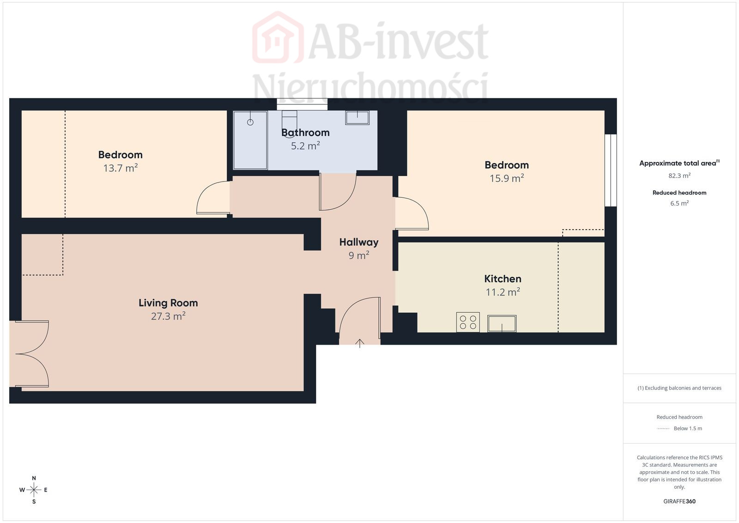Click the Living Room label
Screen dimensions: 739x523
point(168,303)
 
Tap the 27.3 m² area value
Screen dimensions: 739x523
point(168,316)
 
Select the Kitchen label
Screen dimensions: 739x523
point(503,279)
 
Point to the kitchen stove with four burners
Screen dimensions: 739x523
point(468,322)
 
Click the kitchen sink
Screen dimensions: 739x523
point(502,323)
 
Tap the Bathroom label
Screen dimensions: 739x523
point(305,133)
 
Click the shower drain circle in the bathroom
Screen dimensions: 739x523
point(250,122)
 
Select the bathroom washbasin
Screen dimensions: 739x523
point(357,118)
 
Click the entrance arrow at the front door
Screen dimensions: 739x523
point(360,343)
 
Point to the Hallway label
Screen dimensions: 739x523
point(359,242)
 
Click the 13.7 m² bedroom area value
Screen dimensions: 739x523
point(121,168)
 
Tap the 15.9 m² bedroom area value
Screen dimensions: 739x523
point(507,178)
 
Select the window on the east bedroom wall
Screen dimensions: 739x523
point(611,170)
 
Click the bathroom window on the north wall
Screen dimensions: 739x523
point(302,104)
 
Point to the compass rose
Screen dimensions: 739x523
point(34,490)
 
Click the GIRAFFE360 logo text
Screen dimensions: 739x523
point(679,501)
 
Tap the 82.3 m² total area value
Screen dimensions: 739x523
point(679,176)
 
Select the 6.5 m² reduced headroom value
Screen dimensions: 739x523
point(679,203)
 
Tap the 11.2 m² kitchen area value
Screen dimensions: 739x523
point(503,292)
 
